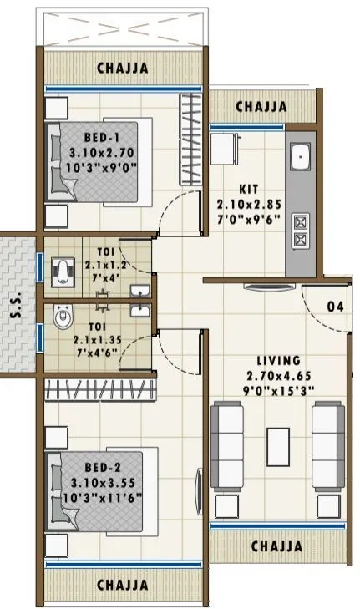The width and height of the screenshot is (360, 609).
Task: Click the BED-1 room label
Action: point(104,136)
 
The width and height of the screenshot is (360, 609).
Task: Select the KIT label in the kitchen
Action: point(246,190)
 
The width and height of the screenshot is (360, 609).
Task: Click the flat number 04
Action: point(335,307)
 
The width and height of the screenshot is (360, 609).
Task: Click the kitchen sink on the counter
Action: point(300,156)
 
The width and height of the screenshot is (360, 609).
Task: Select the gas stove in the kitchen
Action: point(299,230)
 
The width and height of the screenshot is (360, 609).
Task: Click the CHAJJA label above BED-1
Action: point(123,68)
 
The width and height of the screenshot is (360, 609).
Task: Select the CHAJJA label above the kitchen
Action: point(262,107)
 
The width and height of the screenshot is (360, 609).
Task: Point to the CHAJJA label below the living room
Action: point(276,546)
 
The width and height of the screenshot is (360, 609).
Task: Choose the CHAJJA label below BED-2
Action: point(123,585)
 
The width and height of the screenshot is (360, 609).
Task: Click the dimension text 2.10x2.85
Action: point(246,204)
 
